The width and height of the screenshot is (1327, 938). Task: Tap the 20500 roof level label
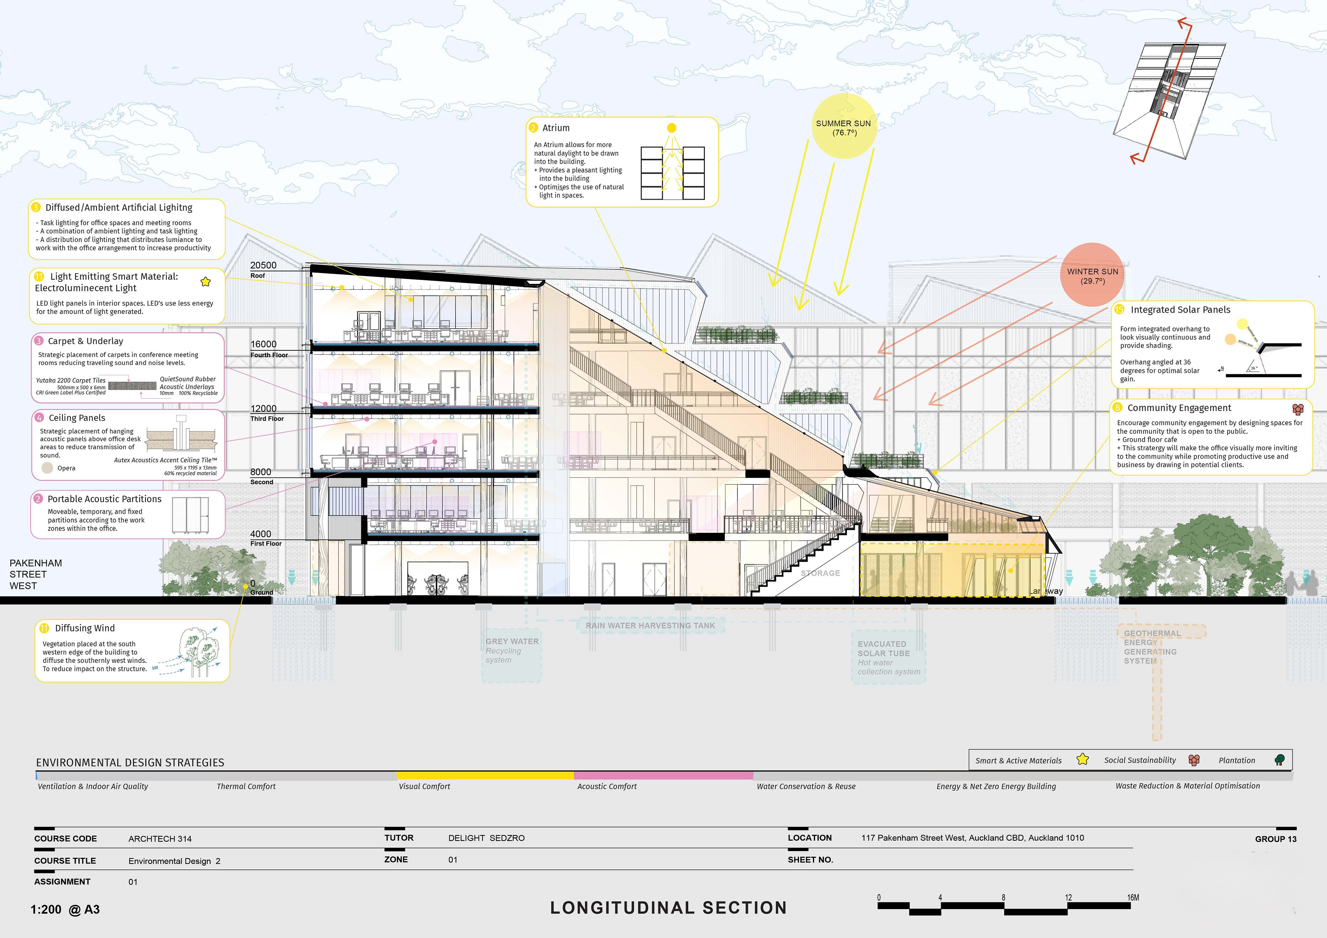[x=263, y=265]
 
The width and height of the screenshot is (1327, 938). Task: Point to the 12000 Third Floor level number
[x=263, y=409]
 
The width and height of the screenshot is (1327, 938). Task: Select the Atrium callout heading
[x=555, y=128]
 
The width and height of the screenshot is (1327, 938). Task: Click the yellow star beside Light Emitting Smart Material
[x=205, y=282]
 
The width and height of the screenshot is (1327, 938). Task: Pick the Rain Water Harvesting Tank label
[x=650, y=625]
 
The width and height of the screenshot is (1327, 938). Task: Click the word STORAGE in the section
[x=820, y=573]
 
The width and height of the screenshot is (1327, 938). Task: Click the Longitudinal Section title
[x=668, y=907]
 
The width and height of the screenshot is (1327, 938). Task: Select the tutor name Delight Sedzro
[x=486, y=838]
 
